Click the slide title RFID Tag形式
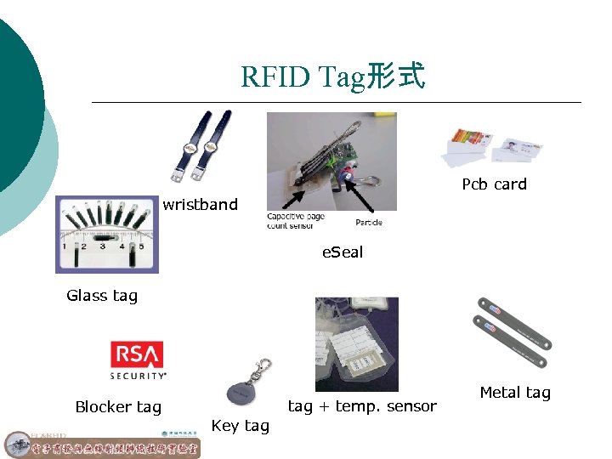click(x=332, y=76)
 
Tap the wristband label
click(x=201, y=205)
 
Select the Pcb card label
click(x=494, y=184)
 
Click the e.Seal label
click(x=342, y=252)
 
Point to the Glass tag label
click(x=102, y=296)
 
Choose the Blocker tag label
click(x=118, y=407)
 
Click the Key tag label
click(x=240, y=426)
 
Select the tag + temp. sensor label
click(x=362, y=406)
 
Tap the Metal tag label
click(x=515, y=393)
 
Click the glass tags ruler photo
click(x=107, y=234)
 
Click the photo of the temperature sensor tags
click(x=356, y=343)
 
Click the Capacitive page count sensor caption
click(x=296, y=221)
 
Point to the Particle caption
click(x=368, y=223)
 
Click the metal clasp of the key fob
click(x=264, y=369)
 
